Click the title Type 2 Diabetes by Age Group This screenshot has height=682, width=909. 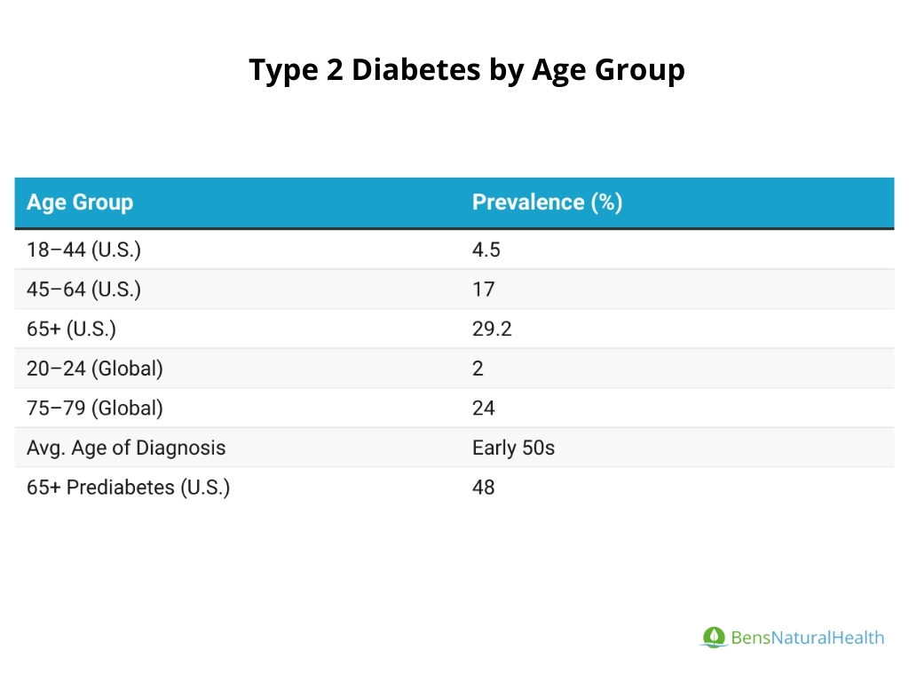[466, 70]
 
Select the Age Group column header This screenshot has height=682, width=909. [80, 202]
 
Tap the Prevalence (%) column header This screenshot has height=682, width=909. [547, 202]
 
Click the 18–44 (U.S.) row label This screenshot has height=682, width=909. [83, 250]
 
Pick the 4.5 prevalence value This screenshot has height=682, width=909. [486, 250]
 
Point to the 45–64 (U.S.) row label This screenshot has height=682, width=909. [83, 289]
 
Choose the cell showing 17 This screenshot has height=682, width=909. [484, 289]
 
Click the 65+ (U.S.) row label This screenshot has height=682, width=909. [71, 329]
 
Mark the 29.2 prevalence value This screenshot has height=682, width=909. [492, 329]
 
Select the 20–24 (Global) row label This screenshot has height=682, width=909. [95, 369]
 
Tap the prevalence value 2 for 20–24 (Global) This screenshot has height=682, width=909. [478, 369]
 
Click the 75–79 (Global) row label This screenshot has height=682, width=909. [95, 408]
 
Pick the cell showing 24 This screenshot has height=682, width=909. [484, 408]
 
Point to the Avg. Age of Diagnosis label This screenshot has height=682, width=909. [126, 448]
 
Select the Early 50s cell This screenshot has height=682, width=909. [513, 448]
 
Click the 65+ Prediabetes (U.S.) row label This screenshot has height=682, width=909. [128, 488]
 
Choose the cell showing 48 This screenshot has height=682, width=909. [484, 488]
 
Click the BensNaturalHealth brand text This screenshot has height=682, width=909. [807, 638]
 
